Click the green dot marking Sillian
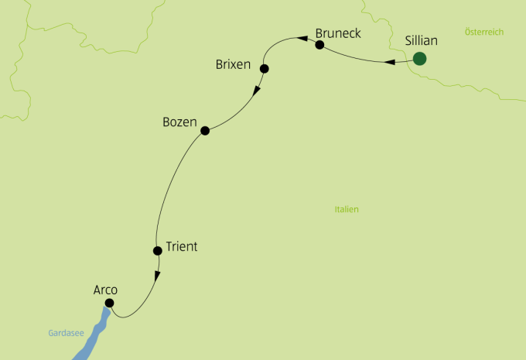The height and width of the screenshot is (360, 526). click(420, 58)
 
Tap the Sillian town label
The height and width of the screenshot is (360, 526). click(422, 40)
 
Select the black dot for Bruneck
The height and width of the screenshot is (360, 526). click(319, 46)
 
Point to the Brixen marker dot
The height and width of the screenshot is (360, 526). click(265, 69)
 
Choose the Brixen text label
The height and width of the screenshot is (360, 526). click(233, 64)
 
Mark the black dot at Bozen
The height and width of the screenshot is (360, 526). click(205, 131)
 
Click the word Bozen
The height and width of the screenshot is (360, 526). click(180, 122)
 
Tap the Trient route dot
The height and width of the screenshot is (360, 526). click(157, 250)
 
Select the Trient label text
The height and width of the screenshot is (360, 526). click(182, 247)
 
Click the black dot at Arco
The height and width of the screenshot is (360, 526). click(109, 303)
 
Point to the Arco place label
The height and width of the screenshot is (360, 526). click(104, 290)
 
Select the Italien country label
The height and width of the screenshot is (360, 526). click(347, 210)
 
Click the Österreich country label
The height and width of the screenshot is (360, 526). click(484, 32)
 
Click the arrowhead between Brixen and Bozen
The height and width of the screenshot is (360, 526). click(257, 91)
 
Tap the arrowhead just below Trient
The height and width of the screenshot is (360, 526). click(157, 275)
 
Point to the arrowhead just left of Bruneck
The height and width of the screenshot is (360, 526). click(295, 36)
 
